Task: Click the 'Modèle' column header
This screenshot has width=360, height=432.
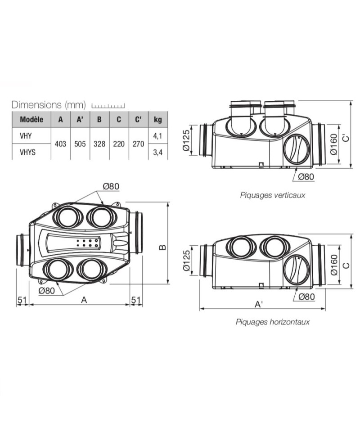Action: (x=31, y=119)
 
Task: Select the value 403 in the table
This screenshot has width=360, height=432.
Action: (x=61, y=144)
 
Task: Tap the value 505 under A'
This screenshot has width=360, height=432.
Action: (x=80, y=144)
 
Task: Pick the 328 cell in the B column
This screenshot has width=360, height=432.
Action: (x=99, y=144)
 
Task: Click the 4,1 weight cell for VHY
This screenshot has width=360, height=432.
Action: (x=157, y=135)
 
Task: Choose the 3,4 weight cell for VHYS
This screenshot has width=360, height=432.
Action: (x=157, y=152)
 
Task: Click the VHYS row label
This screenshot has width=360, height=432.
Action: (x=27, y=152)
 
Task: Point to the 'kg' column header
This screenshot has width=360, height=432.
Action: (x=158, y=120)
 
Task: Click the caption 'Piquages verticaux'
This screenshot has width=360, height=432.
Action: (x=272, y=195)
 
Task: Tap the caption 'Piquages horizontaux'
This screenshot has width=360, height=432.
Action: (x=272, y=322)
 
